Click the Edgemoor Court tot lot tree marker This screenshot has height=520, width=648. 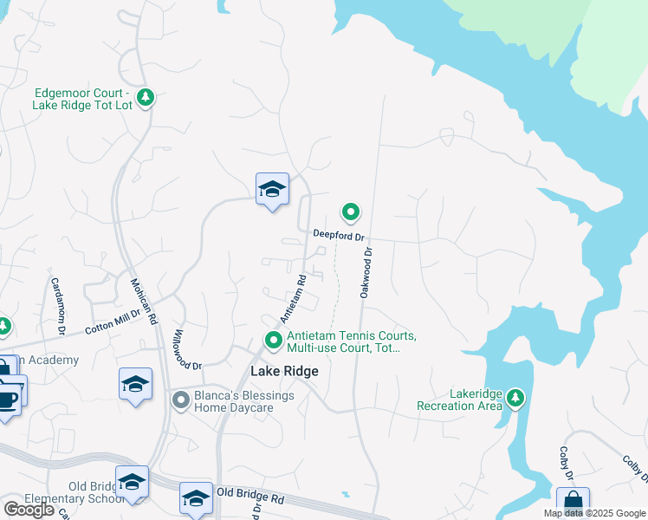tap(146, 96)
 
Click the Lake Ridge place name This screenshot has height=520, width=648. tap(284, 371)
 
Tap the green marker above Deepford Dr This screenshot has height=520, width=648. tap(351, 211)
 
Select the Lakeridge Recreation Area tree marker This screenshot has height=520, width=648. tap(516, 398)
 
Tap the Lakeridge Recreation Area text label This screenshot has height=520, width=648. tap(459, 400)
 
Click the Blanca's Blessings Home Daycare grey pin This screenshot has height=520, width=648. tap(181, 400)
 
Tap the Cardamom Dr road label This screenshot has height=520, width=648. tap(58, 306)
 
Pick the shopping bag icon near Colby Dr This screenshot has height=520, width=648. tap(573, 503)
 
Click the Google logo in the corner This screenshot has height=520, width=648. tap(29, 510)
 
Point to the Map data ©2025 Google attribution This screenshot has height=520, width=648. tap(594, 513)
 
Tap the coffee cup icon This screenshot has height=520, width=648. tap(7, 400)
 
